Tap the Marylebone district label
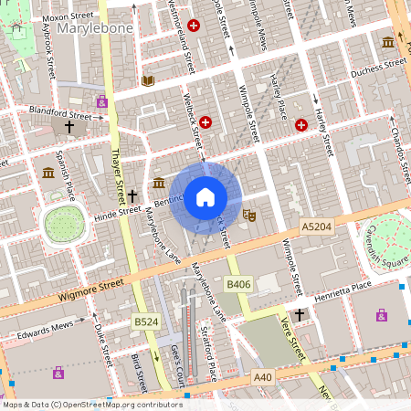[95, 29]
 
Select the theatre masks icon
[248, 216]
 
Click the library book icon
[148, 81]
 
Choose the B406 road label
[238, 285]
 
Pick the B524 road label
[146, 321]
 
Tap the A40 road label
[263, 376]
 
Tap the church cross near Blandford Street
[69, 128]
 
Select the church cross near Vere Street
[299, 314]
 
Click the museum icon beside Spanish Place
[47, 173]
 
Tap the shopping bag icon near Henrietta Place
[381, 315]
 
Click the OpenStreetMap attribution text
[92, 405]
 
